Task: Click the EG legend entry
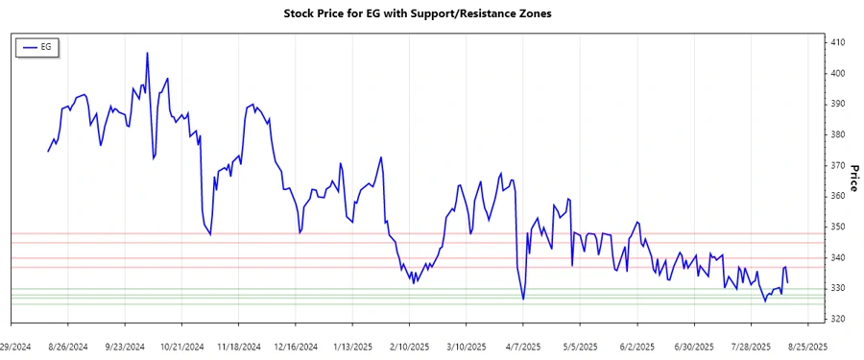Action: pyautogui.click(x=38, y=46)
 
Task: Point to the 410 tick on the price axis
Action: pyautogui.click(x=838, y=42)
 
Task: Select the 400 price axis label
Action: pyautogui.click(x=838, y=73)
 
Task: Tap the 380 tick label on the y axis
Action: pyautogui.click(x=838, y=134)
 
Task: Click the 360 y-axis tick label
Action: pyautogui.click(x=838, y=196)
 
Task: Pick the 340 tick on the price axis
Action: pyautogui.click(x=838, y=257)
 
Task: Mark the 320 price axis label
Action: pyautogui.click(x=838, y=319)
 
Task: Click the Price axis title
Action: pyautogui.click(x=853, y=179)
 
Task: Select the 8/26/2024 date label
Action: pyautogui.click(x=68, y=346)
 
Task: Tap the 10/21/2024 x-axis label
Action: pyautogui.click(x=181, y=346)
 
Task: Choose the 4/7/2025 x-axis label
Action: pyautogui.click(x=523, y=346)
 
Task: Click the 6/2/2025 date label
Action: pyautogui.click(x=636, y=346)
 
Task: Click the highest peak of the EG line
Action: pyautogui.click(x=147, y=53)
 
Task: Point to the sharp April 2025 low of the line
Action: pyautogui.click(x=523, y=300)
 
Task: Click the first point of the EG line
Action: pyautogui.click(x=48, y=151)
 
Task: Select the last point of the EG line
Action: pyautogui.click(x=788, y=283)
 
